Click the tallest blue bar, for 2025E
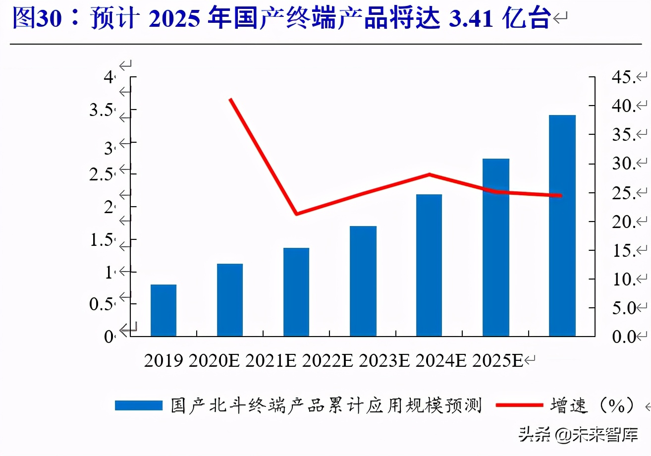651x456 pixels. click(x=562, y=226)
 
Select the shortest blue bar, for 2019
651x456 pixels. click(x=163, y=310)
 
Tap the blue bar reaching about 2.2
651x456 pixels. click(x=429, y=265)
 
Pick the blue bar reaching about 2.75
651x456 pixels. click(x=495, y=247)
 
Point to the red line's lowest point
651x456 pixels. click(x=296, y=214)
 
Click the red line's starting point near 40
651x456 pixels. click(x=230, y=100)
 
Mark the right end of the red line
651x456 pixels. click(x=561, y=195)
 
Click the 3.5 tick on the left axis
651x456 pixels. click(x=101, y=110)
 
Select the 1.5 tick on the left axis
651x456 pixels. click(x=101, y=240)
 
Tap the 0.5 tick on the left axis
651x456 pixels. click(x=101, y=305)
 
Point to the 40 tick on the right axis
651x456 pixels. click(x=623, y=106)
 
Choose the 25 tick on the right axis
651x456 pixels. click(x=623, y=193)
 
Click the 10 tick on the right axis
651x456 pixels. click(x=623, y=280)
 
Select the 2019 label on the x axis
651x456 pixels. click(x=163, y=361)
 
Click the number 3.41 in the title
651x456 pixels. click(x=471, y=19)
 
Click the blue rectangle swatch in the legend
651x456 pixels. click(x=139, y=405)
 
